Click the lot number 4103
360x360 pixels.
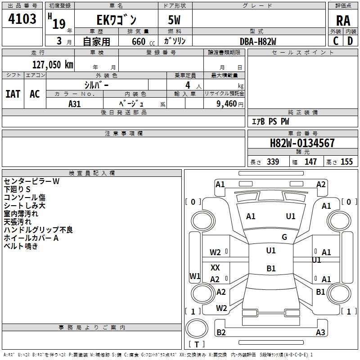pyautogui.click(x=22, y=18)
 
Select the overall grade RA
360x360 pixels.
pyautogui.click(x=343, y=21)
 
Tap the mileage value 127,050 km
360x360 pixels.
pyautogui.click(x=53, y=65)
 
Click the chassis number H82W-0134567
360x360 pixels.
pyautogui.click(x=302, y=143)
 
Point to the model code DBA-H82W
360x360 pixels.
pyautogui.click(x=258, y=41)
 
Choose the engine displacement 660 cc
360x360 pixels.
pyautogui.click(x=143, y=41)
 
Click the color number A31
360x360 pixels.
pyautogui.click(x=74, y=104)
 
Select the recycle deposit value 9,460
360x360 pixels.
pyautogui.click(x=226, y=104)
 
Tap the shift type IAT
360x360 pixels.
pyautogui.click(x=13, y=94)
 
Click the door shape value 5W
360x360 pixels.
pyautogui.click(x=174, y=20)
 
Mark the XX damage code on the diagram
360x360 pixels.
pyautogui.click(x=215, y=267)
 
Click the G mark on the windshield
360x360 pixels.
pyautogui.click(x=284, y=237)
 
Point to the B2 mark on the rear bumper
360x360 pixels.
pyautogui.click(x=221, y=332)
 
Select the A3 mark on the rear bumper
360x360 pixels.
pyautogui.click(x=320, y=332)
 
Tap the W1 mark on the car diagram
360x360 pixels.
pyautogui.click(x=195, y=276)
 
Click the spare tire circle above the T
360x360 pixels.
pyautogui.click(x=197, y=328)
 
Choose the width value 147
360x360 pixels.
pyautogui.click(x=310, y=162)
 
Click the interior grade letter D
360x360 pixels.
pyautogui.click(x=350, y=41)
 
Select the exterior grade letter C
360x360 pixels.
pyautogui.click(x=336, y=41)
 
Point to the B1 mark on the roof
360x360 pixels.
pyautogui.click(x=271, y=268)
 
